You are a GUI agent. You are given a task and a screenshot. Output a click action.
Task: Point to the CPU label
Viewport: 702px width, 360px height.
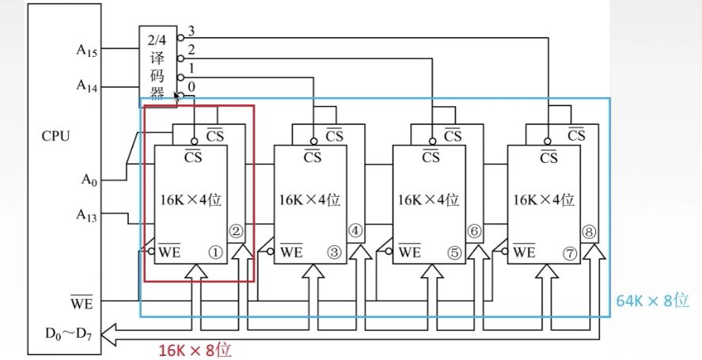[56, 135]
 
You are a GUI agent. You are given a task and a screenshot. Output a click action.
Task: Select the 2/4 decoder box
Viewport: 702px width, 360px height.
[157, 65]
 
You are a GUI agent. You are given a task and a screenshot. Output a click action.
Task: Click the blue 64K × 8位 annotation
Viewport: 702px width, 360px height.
[654, 301]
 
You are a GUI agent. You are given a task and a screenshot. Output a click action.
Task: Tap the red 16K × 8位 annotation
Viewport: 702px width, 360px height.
[195, 347]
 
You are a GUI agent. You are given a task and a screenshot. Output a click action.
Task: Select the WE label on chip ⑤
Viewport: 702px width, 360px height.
[409, 253]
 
